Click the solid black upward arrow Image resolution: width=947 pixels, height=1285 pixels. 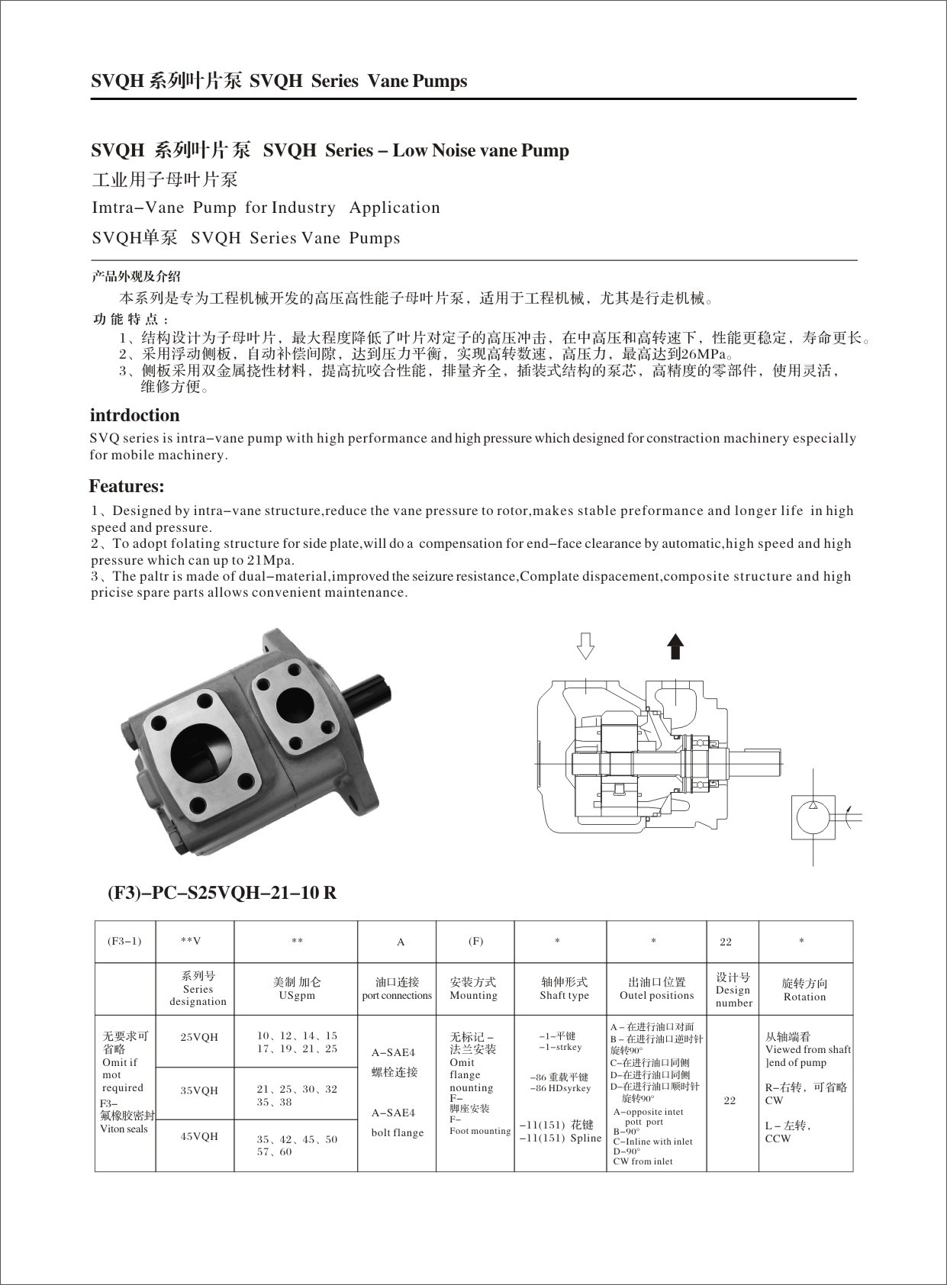pos(675,646)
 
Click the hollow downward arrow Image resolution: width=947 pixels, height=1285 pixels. pos(585,646)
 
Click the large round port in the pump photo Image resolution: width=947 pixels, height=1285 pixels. pos(202,751)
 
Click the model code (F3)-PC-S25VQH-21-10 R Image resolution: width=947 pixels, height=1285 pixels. pos(221,892)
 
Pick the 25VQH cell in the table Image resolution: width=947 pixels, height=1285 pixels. pos(199,1037)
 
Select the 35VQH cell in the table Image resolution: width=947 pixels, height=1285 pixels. pos(199,1090)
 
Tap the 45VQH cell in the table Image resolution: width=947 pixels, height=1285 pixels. pos(199,1136)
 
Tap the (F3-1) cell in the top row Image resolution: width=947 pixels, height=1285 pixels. pos(125,941)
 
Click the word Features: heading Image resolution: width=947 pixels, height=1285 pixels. pos(127,486)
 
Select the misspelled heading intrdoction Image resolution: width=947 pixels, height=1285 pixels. pos(135,415)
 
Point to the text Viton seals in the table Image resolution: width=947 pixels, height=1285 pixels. pos(124,1129)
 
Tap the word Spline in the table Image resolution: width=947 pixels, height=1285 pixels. pos(586,1138)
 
